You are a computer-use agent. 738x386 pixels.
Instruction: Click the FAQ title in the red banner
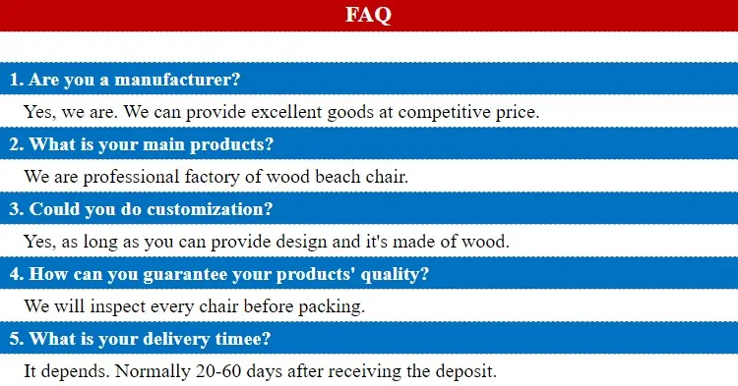click(369, 15)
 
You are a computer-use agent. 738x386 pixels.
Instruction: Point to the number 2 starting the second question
click(15, 144)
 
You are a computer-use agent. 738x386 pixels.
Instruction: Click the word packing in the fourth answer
click(335, 305)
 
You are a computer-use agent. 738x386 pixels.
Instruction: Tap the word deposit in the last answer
click(467, 371)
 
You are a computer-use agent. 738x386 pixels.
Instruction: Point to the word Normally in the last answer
click(134, 371)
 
